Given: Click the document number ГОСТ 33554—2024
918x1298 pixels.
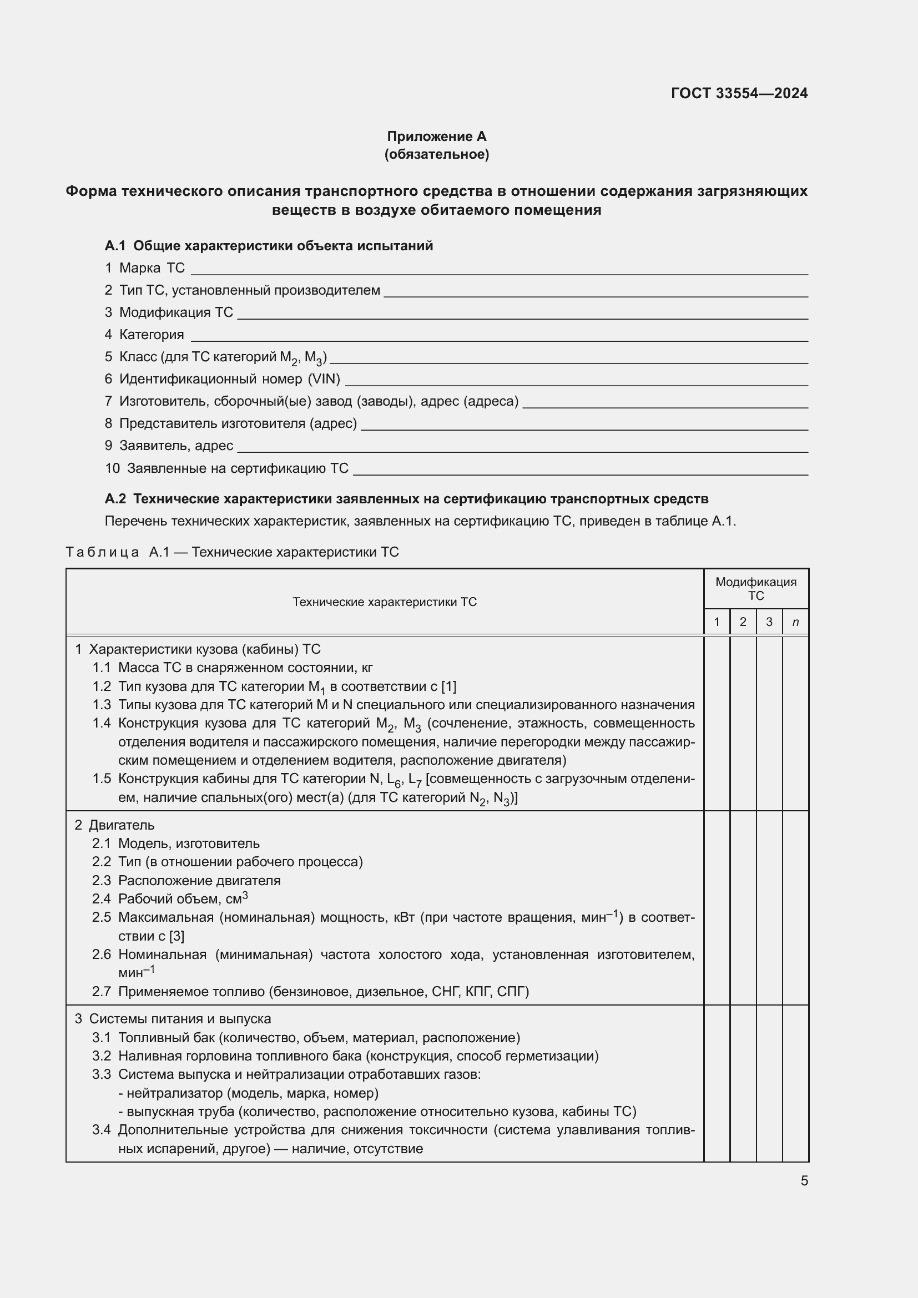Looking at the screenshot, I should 739,93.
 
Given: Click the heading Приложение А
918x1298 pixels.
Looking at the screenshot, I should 436,137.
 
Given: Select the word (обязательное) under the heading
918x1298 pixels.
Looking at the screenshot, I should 436,154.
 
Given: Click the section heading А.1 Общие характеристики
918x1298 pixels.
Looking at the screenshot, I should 269,246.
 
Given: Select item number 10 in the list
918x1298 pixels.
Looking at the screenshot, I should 112,468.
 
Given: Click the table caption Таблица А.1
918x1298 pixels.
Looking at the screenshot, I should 232,552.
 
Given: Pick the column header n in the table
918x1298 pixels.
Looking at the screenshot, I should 795,623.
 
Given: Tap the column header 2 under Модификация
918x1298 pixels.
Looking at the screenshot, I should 743,623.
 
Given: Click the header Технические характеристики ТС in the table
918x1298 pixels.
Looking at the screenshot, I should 385,602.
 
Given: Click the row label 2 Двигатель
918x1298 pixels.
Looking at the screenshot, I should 115,825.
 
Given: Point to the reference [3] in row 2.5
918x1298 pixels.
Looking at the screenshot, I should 176,936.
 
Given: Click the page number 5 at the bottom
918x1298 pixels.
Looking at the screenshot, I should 804,1180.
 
